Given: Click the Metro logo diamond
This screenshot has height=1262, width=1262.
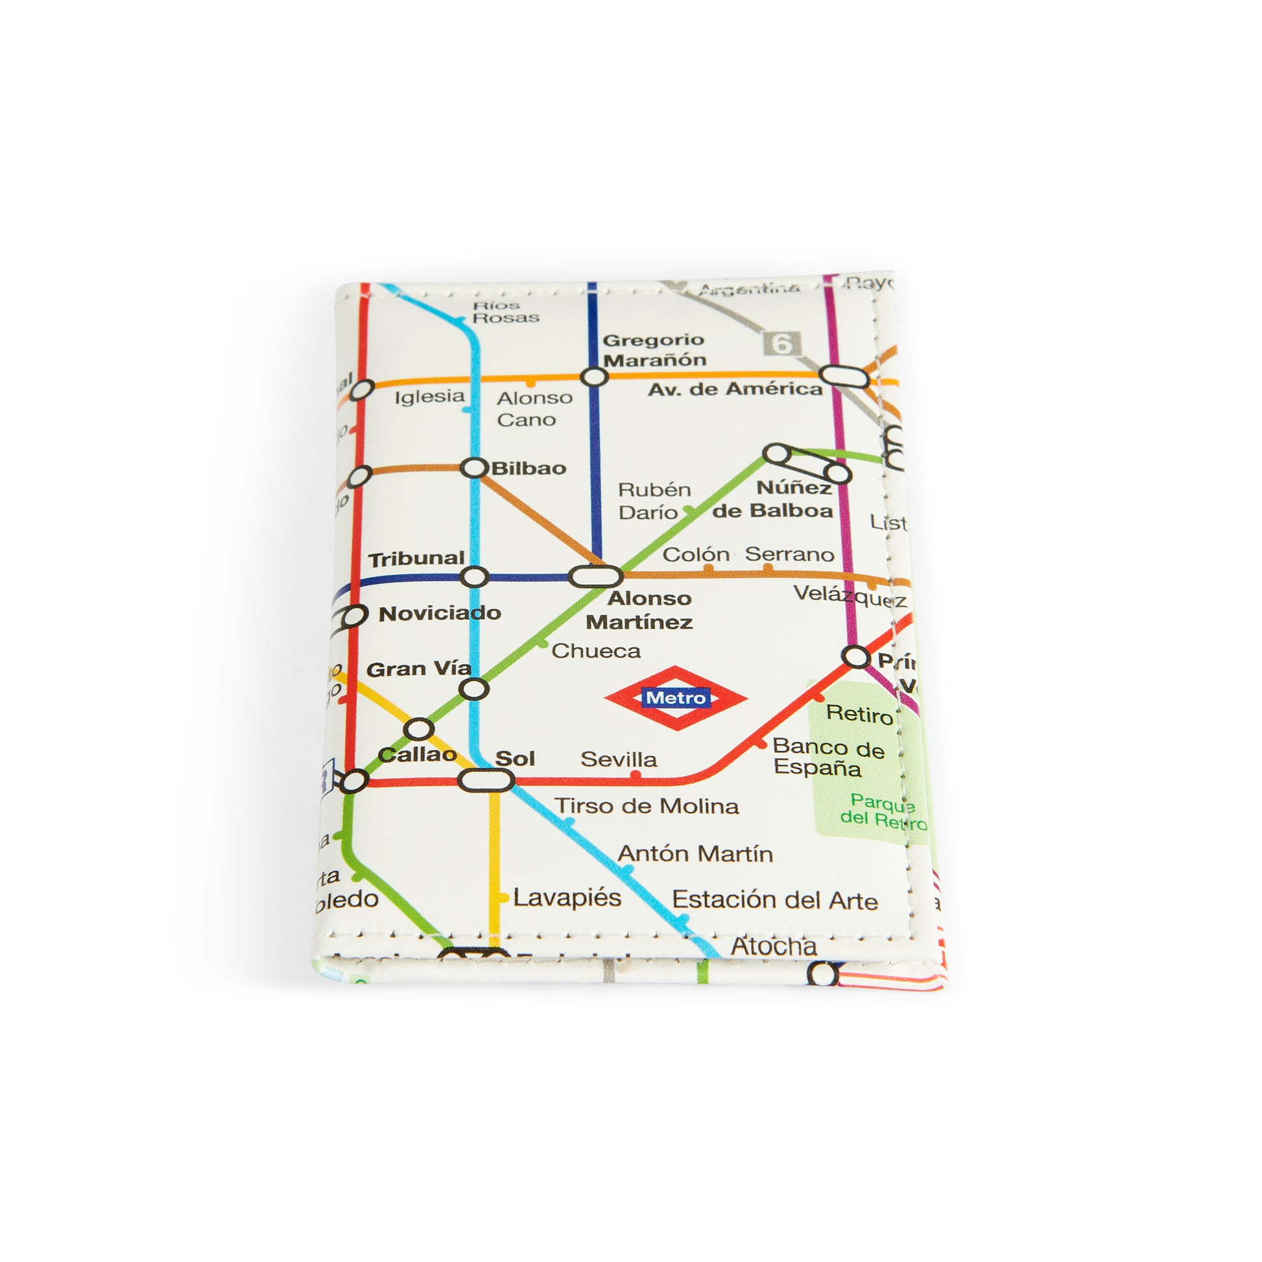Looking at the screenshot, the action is coord(676,698).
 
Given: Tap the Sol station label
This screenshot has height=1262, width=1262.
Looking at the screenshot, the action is coord(515,758).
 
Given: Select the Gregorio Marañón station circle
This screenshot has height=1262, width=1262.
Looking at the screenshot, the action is coord(594,377).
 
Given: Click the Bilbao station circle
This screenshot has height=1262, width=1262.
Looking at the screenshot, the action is coord(474,468).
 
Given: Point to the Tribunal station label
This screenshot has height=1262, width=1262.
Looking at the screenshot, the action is coord(416,559).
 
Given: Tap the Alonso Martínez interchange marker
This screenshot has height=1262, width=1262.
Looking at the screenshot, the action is coord(595,576).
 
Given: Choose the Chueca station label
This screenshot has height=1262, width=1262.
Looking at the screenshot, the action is coord(596,650).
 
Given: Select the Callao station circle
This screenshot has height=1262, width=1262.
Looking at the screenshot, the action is coord(419,729).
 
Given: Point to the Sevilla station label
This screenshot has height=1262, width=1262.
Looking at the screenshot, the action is coord(619,759).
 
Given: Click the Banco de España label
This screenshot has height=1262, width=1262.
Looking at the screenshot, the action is coord(827,757).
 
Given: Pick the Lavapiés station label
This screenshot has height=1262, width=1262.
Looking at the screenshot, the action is coord(567,898).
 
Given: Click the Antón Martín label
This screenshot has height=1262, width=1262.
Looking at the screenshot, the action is coord(695,853).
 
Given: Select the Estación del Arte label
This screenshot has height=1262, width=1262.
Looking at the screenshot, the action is coord(775,900).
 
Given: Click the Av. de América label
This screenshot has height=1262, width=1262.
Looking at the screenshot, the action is coord(735,389).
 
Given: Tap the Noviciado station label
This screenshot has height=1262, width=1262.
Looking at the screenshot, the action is coord(440,613).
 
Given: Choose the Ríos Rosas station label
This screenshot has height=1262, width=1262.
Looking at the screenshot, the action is coord(506,311).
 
